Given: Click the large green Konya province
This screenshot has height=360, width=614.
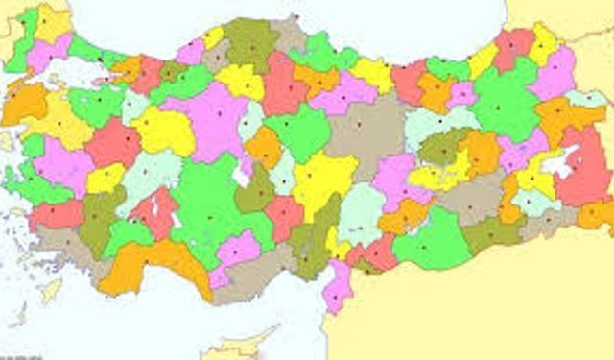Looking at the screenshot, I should (x=206, y=206).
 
